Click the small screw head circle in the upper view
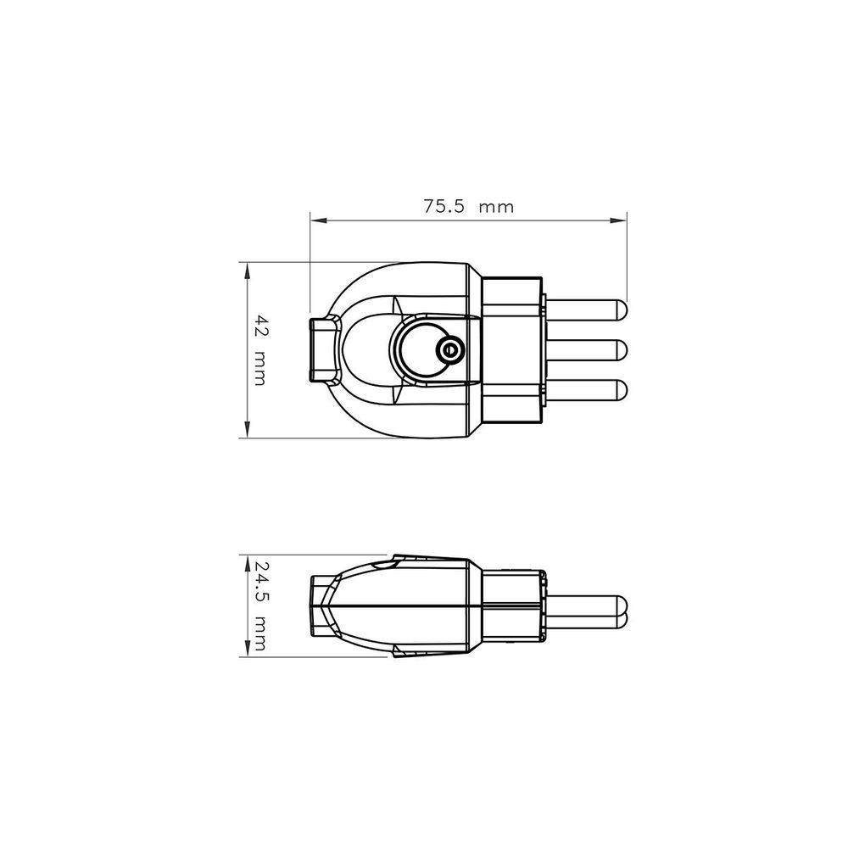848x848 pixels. [449, 349]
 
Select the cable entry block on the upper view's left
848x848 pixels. [326, 349]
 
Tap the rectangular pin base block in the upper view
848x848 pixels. [511, 349]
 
